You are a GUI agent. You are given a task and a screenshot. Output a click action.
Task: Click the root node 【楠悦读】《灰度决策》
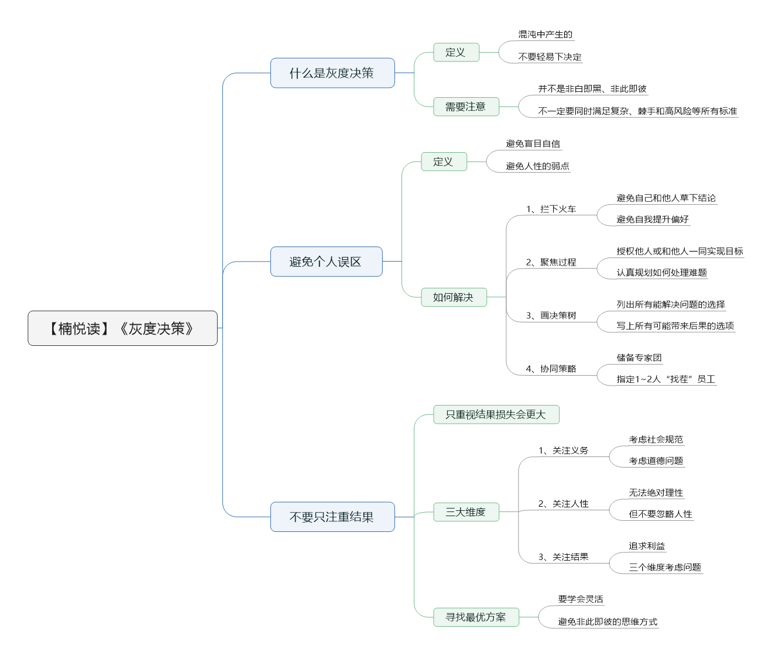[122, 328]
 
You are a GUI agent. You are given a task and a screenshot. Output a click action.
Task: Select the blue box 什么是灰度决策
[332, 73]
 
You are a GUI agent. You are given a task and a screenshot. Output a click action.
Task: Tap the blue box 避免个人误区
[327, 262]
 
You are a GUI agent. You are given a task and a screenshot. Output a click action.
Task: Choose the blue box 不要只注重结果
[332, 517]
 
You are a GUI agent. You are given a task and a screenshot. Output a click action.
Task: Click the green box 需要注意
[466, 107]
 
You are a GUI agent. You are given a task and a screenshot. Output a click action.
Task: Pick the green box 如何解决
[454, 297]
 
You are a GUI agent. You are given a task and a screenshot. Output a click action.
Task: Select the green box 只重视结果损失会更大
[496, 414]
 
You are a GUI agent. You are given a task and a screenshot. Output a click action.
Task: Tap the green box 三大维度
[466, 512]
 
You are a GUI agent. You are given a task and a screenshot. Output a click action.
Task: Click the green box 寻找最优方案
[476, 617]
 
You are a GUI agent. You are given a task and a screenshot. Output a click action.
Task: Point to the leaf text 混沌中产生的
[545, 35]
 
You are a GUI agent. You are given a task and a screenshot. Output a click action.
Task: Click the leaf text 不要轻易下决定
[550, 57]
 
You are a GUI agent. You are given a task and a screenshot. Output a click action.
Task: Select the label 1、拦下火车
[551, 209]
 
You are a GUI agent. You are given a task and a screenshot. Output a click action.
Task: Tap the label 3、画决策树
[551, 315]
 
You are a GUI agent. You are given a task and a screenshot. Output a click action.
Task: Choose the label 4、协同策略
[551, 369]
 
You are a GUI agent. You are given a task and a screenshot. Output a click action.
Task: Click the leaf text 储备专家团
[639, 358]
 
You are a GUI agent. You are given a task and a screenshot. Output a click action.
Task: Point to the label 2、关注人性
[563, 504]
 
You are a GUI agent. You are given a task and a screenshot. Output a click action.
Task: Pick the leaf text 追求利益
[647, 546]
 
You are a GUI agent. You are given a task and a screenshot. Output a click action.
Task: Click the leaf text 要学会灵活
[581, 599]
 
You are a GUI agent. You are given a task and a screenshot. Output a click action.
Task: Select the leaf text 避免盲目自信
[533, 144]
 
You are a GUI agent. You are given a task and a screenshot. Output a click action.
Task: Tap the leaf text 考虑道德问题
[656, 461]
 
